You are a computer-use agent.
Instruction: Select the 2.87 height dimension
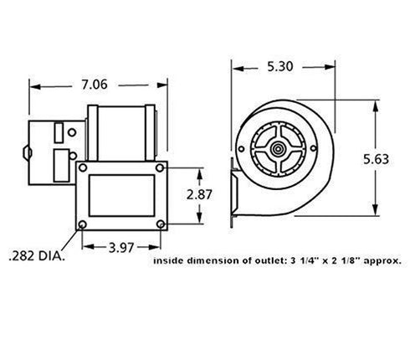200,194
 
